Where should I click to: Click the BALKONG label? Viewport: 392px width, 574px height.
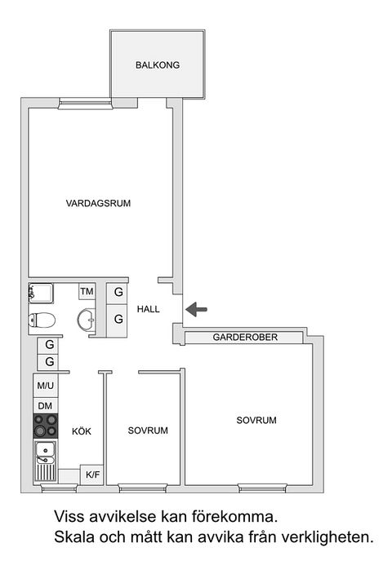[x=158, y=65]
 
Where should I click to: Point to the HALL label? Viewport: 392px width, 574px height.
[x=148, y=309]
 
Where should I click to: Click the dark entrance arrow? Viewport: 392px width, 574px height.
[x=197, y=309]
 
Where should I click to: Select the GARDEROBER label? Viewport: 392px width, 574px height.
[x=246, y=337]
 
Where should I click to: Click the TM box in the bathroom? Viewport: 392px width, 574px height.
[x=87, y=291]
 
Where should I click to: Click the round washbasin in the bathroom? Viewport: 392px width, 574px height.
[x=86, y=319]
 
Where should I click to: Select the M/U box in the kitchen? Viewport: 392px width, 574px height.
[x=45, y=385]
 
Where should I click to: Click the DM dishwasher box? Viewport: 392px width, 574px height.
[x=45, y=405]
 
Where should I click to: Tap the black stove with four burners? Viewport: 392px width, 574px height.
[x=45, y=426]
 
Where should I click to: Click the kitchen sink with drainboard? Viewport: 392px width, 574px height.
[x=45, y=460]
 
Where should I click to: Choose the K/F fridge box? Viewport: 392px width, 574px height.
[x=92, y=474]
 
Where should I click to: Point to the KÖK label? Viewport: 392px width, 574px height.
[x=81, y=431]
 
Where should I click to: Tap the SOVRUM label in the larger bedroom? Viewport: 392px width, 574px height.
[x=256, y=421]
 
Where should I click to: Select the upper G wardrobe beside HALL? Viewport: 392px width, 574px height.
[x=118, y=291]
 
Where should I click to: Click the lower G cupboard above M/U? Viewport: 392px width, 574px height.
[x=49, y=361]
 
